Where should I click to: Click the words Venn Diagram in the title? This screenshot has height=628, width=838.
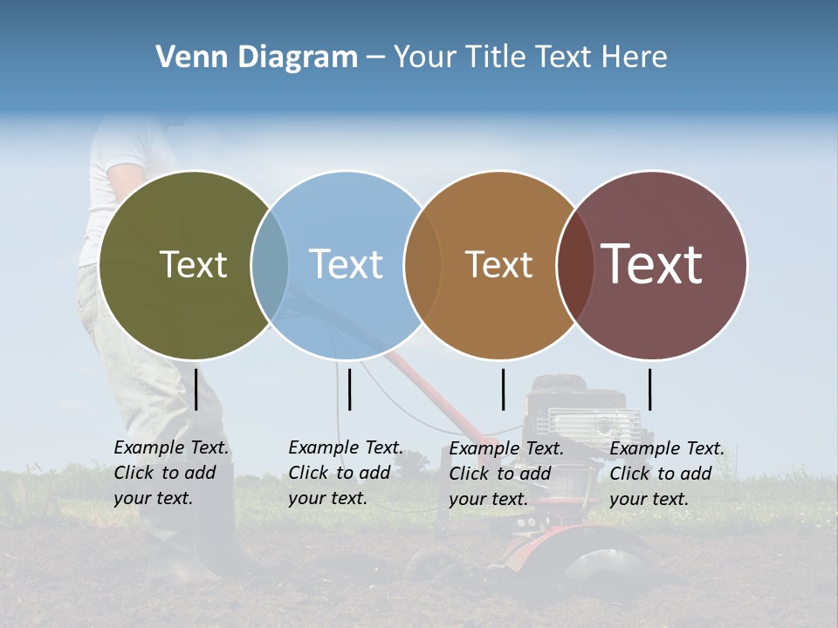(257, 58)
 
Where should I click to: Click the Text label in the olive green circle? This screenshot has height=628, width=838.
(193, 264)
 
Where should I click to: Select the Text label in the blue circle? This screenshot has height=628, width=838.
(346, 264)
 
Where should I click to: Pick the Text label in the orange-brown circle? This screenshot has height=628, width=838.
(498, 264)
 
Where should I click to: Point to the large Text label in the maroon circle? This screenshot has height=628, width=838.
(652, 264)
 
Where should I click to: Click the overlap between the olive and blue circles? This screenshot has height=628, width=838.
(271, 265)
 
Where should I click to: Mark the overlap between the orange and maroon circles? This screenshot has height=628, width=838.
(574, 265)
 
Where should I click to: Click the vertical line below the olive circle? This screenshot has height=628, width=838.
(196, 389)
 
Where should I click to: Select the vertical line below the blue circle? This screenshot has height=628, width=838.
(349, 389)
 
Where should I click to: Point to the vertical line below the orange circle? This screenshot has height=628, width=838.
(503, 389)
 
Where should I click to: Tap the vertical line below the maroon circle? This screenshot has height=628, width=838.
(649, 389)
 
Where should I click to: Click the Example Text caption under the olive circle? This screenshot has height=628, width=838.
(171, 473)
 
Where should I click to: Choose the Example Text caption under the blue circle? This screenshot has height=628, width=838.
(346, 473)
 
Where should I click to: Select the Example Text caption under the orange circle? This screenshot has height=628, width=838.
(506, 474)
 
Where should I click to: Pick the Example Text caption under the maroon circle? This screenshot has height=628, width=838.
(667, 474)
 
